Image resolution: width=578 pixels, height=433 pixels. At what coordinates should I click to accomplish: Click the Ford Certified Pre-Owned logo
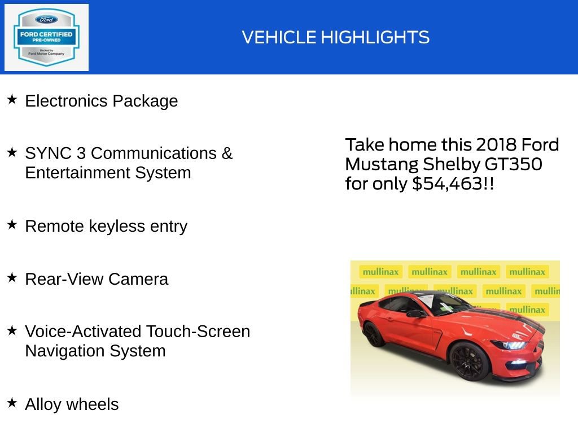(x=46, y=37)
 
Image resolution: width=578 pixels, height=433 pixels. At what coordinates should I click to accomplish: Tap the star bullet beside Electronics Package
(x=12, y=100)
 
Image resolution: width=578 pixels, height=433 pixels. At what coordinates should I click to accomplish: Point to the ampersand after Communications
(x=227, y=153)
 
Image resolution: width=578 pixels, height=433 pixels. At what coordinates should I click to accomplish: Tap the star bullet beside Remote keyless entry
(x=12, y=224)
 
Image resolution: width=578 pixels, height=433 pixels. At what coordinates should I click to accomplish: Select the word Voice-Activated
(x=82, y=332)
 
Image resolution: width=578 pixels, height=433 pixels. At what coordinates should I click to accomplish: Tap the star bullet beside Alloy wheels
(x=12, y=403)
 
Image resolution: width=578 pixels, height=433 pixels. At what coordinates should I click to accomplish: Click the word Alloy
(x=43, y=404)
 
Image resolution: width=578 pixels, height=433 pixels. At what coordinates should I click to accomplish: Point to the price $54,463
(x=448, y=184)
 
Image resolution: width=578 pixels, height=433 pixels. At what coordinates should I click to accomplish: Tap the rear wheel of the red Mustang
(x=374, y=334)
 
